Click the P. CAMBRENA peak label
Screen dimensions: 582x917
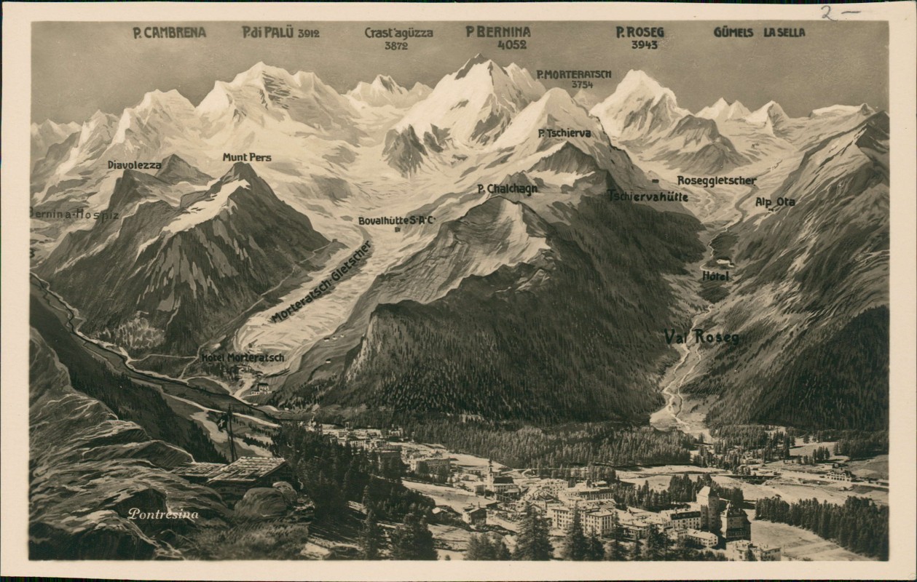[169, 33]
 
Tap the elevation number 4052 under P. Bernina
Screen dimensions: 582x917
[511, 44]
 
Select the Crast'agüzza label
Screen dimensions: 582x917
[398, 33]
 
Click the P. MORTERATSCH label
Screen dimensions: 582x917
[574, 74]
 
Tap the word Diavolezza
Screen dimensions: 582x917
[135, 165]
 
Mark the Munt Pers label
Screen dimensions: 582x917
[247, 157]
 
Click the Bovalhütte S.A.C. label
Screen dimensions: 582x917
[397, 220]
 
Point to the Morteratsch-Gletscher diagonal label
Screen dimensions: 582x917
[321, 282]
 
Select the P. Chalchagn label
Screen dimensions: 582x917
[508, 189]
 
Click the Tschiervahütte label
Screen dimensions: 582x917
[648, 196]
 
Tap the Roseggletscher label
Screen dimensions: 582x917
[717, 180]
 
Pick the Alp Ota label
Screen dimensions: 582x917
[775, 202]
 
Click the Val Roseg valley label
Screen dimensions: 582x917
[701, 337]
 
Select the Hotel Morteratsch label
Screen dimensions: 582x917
[243, 357]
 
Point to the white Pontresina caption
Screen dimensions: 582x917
[163, 514]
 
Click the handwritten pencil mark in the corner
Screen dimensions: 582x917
[840, 12]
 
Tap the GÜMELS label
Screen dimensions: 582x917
[733, 33]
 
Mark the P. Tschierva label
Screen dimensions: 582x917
[564, 134]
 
